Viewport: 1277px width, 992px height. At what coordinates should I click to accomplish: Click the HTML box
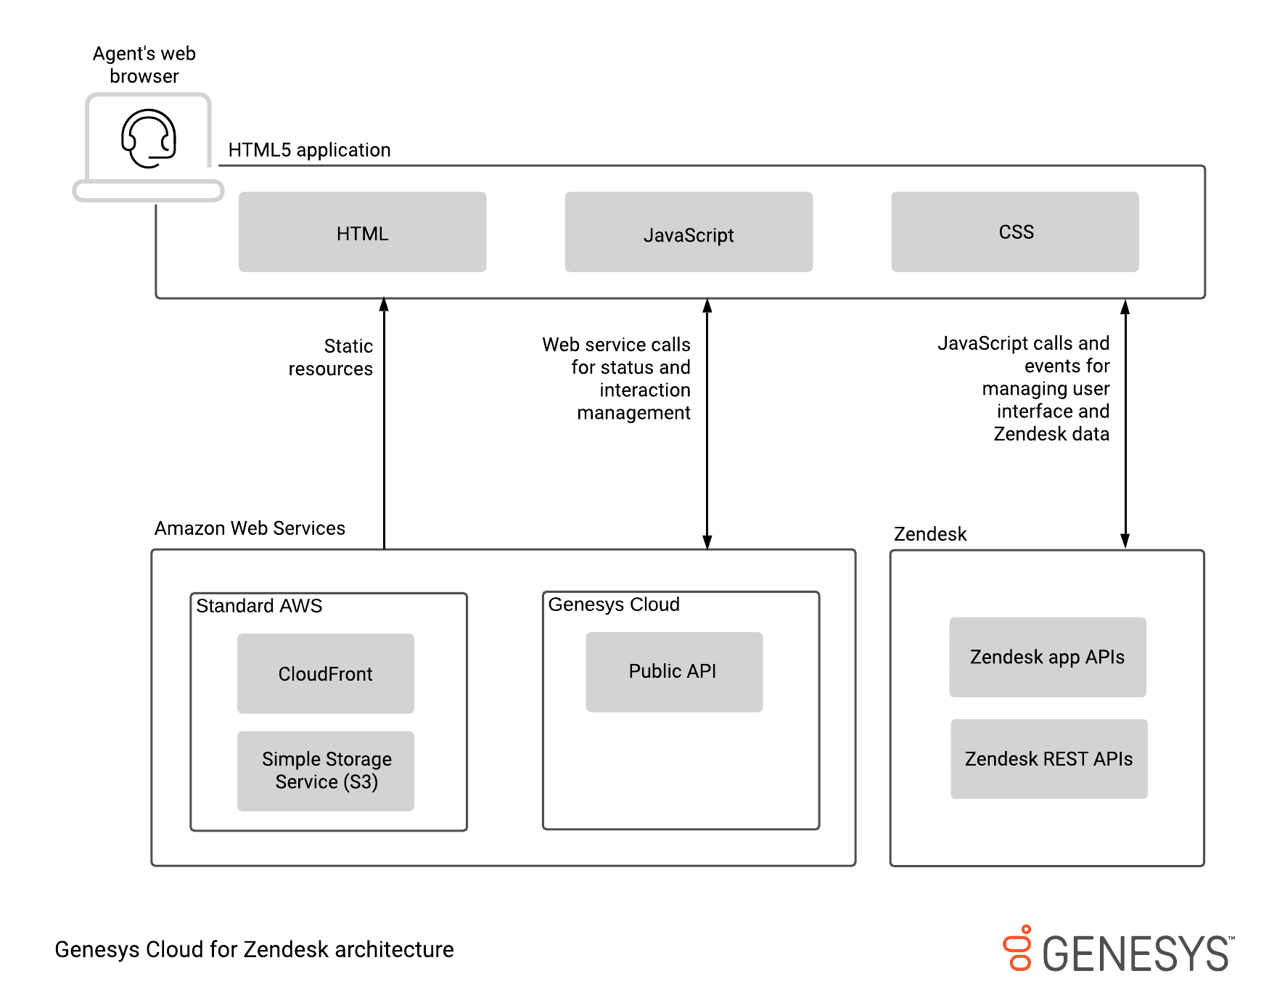[362, 232]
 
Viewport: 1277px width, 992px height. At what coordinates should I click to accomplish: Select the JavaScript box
[689, 232]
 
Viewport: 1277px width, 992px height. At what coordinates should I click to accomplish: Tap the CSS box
[1014, 232]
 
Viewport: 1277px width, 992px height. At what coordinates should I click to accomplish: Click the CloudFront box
[325, 673]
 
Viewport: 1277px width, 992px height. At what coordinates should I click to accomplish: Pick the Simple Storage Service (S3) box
[325, 771]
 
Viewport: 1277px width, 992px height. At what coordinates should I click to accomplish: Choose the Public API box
[673, 672]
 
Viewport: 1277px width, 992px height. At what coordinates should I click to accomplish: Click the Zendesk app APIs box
[1047, 657]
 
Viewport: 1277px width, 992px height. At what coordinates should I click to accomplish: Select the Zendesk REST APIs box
[1048, 759]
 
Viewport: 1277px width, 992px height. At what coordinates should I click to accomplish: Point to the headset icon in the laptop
[149, 138]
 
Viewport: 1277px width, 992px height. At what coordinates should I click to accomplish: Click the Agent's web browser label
[144, 65]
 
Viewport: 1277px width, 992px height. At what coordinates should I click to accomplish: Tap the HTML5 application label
[309, 150]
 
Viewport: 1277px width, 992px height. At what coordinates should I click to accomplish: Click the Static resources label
[332, 357]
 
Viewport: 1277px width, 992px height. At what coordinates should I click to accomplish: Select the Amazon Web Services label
[250, 528]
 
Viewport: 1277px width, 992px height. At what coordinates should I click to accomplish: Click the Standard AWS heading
[259, 606]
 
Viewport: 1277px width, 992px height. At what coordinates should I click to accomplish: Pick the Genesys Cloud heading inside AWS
[614, 604]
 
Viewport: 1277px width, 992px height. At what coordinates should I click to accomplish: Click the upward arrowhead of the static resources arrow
[384, 304]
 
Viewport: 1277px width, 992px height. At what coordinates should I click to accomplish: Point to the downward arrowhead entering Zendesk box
[1125, 541]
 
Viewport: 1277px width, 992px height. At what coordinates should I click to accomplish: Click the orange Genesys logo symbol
[1019, 948]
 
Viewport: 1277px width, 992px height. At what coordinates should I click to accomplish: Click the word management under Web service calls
[633, 413]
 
